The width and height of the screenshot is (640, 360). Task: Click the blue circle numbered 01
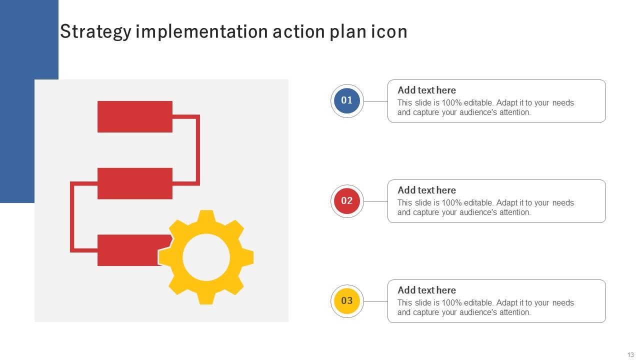pos(347,100)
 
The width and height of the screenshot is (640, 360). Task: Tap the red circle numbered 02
pos(347,201)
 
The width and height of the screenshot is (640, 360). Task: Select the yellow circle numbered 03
pos(347,301)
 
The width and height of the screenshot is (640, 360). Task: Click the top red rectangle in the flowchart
pos(134,116)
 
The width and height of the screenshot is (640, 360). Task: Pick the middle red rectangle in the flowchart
pos(134,183)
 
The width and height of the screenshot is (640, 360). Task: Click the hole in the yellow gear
pos(206,257)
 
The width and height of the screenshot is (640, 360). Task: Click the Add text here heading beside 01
pos(426,90)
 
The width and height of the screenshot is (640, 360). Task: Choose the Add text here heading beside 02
pos(426,190)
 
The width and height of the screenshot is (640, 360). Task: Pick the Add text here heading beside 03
pos(426,290)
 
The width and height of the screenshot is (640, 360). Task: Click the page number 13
pos(630,355)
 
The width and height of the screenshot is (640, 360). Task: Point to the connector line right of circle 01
pos(375,101)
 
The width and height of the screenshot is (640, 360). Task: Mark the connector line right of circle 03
pos(375,301)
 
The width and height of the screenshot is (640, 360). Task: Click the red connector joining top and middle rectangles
pos(198,150)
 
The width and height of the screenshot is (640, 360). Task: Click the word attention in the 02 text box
pos(515,212)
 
